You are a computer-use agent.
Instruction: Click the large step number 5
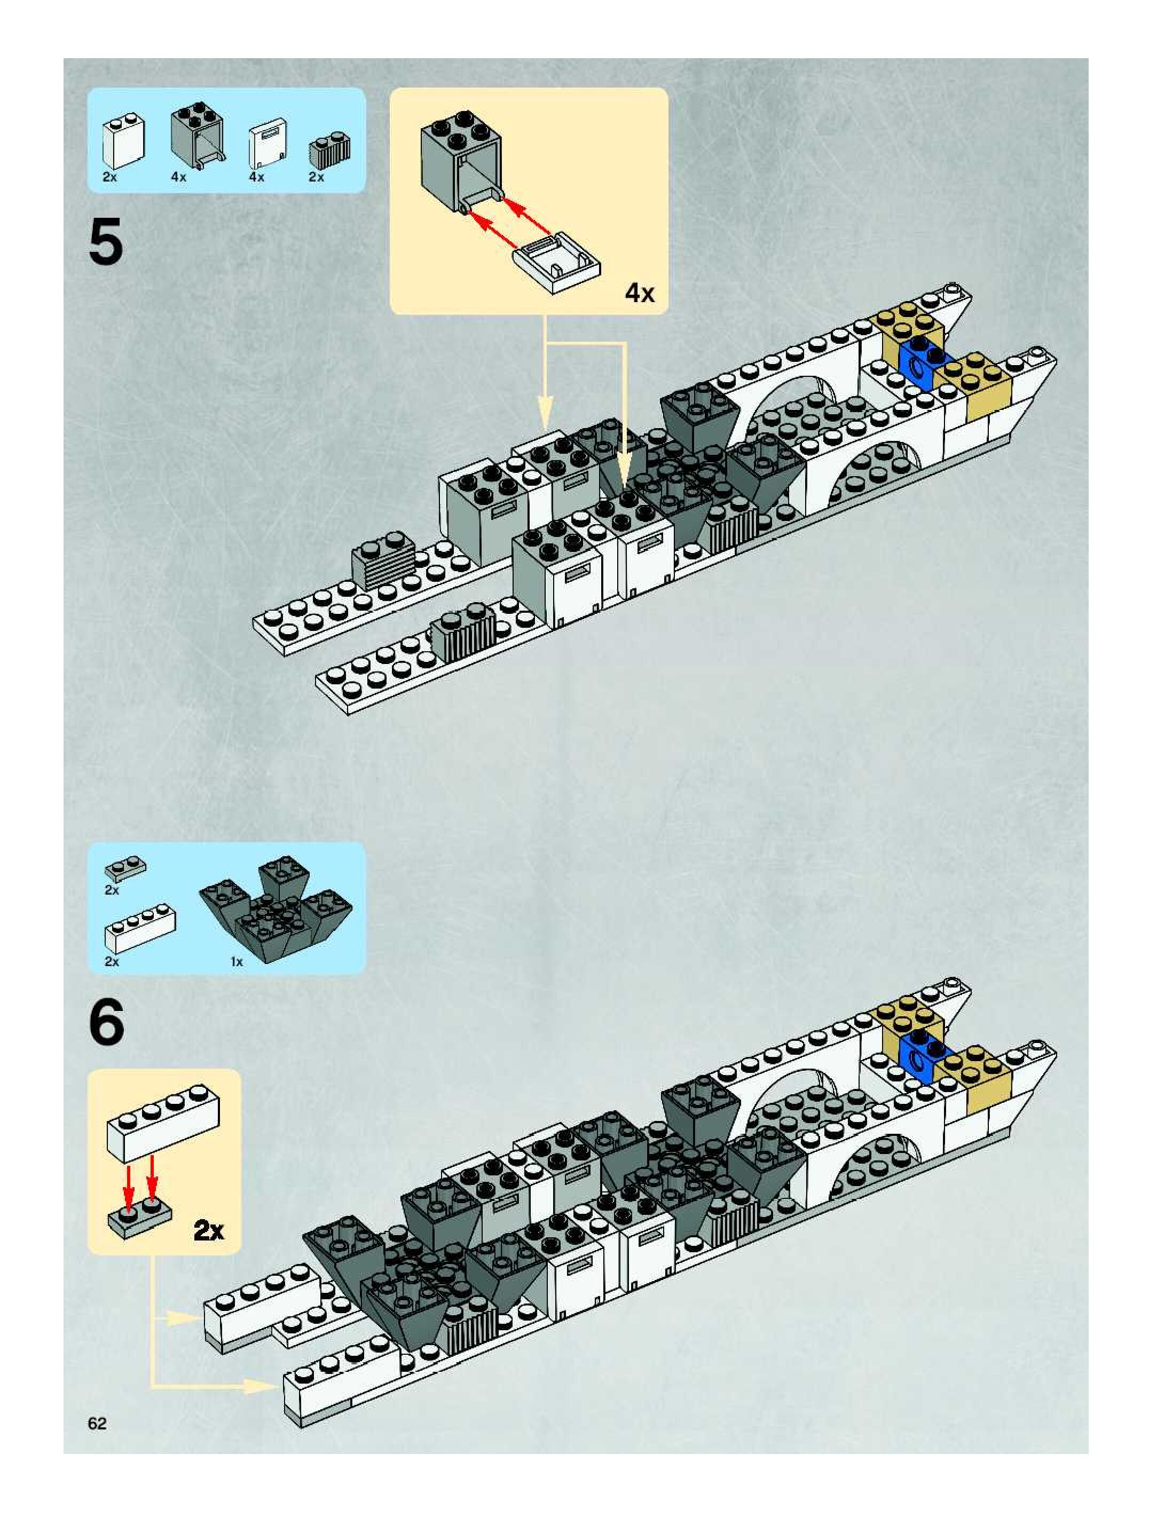pyautogui.click(x=106, y=241)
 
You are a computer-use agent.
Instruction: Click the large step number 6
pyautogui.click(x=106, y=1022)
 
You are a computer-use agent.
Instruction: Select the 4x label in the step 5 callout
pyautogui.click(x=639, y=294)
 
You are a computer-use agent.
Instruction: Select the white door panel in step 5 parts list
pyautogui.click(x=266, y=144)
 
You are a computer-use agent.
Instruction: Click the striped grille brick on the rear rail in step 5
pyautogui.click(x=384, y=561)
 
